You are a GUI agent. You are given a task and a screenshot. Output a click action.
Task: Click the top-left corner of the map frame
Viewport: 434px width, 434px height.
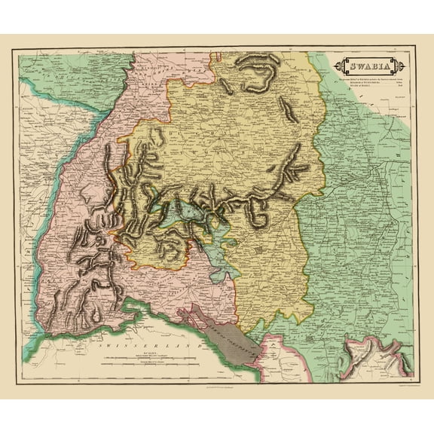(18, 51)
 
